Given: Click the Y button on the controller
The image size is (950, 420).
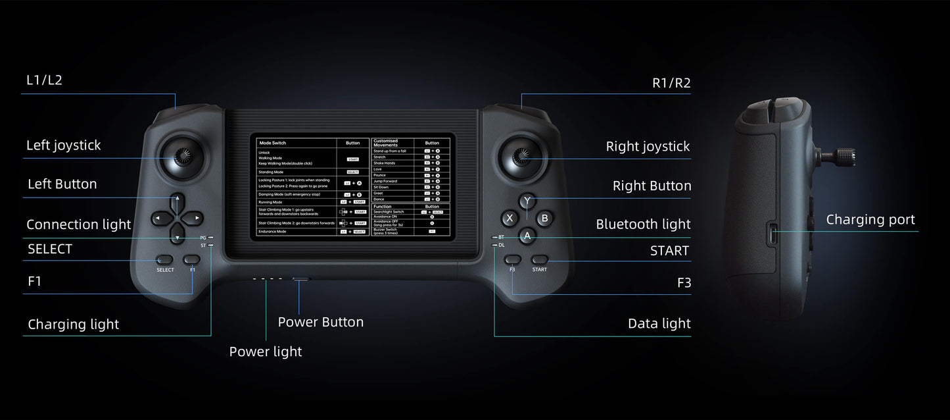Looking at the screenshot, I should pos(527,201).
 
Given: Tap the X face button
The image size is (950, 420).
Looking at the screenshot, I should pos(509,218).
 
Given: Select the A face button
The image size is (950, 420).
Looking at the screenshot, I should pos(527,235).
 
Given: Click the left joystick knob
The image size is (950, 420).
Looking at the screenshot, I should pos(178,157).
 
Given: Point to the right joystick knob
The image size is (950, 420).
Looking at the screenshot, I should pos(523,157).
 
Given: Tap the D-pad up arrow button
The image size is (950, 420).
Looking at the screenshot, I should pos(177,199).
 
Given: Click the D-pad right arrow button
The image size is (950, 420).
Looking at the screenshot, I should pos(195,217).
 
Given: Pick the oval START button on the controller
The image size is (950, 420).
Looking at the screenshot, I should pos(540,260).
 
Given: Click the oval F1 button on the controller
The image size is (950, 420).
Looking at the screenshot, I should pos(192,260).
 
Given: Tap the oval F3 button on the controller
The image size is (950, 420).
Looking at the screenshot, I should pos(513,260).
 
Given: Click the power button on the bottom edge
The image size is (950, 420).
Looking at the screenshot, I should pos(300,279).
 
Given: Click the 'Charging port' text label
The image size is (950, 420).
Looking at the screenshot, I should pos(870,220).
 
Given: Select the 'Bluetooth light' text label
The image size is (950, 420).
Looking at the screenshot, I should pos(643,224).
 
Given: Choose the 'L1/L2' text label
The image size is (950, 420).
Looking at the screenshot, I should pos(44,80).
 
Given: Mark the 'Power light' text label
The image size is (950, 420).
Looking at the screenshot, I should pos(266,352).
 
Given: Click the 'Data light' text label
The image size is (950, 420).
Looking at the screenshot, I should pos(659,323).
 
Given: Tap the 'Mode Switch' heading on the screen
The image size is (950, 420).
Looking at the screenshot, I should pos(273,143).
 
